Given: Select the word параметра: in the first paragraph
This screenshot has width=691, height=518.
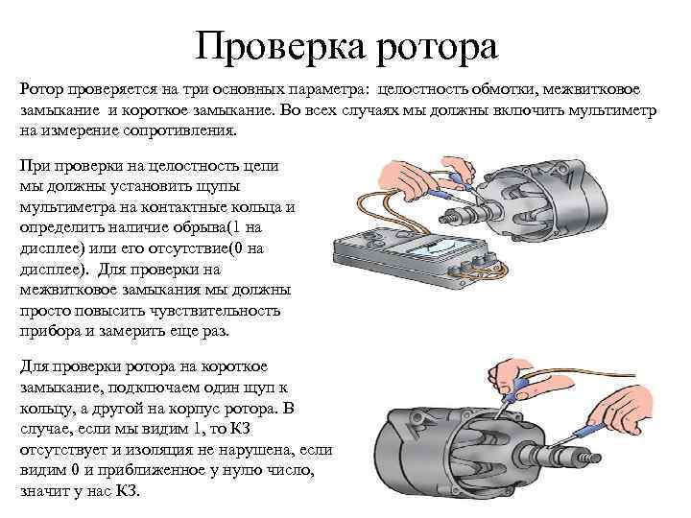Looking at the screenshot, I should [x=322, y=89].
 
